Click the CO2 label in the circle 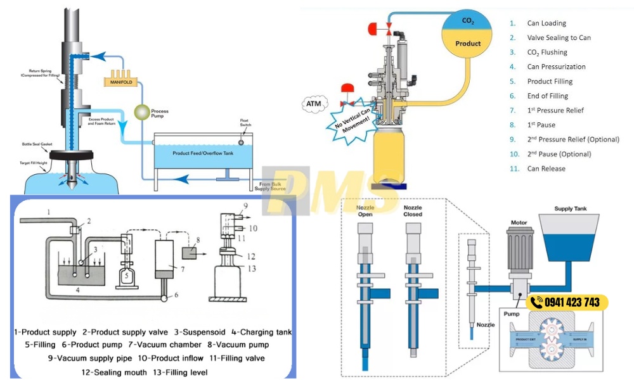(468, 21)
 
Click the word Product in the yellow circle (469, 44)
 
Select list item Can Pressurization (556, 66)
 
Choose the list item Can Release (546, 168)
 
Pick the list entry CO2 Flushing (547, 52)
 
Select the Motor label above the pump (520, 222)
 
